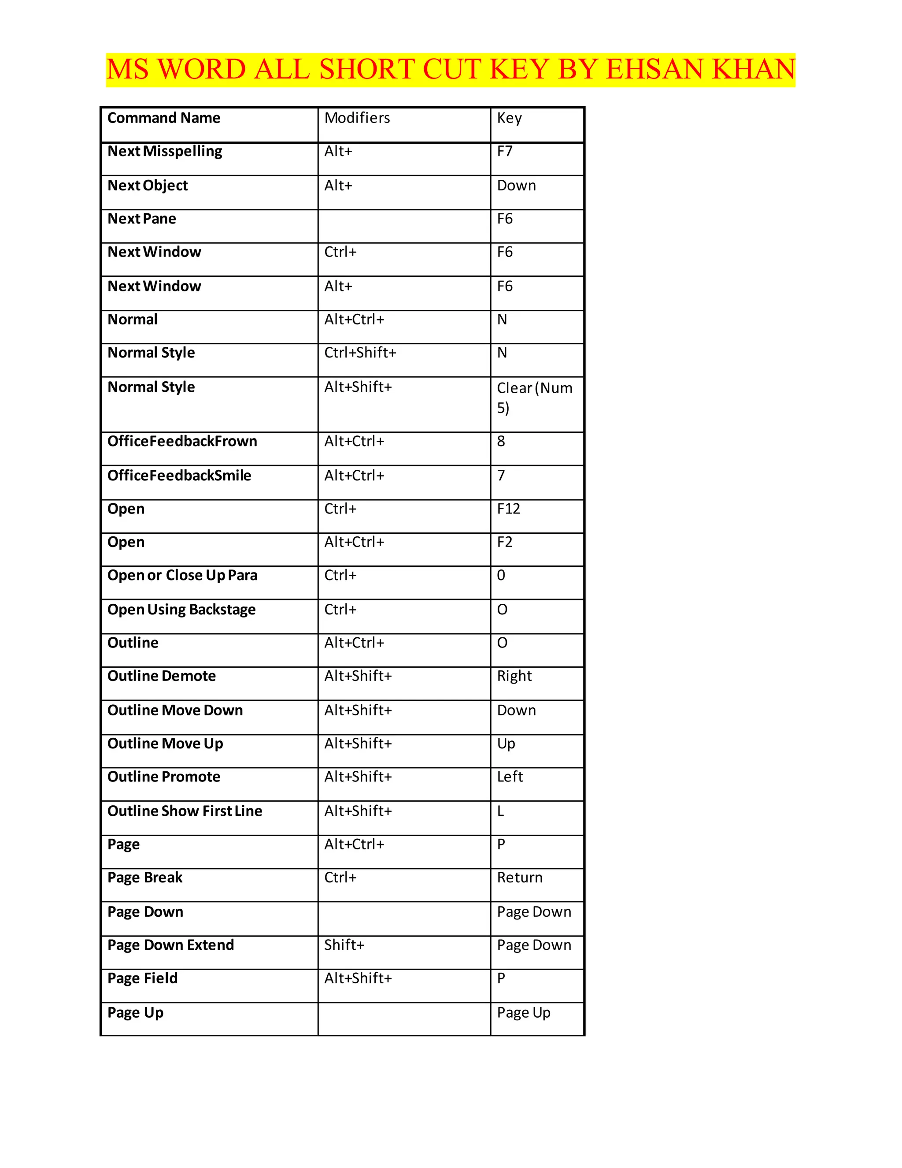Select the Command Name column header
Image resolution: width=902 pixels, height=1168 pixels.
pyautogui.click(x=163, y=118)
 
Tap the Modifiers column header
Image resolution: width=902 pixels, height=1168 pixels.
pyautogui.click(x=357, y=118)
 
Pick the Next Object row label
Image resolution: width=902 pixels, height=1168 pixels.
pyautogui.click(x=148, y=186)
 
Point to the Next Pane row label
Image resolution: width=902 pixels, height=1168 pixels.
pyautogui.click(x=142, y=219)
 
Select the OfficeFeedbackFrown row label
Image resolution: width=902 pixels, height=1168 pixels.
pyautogui.click(x=182, y=441)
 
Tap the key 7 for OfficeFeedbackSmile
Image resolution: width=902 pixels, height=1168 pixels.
pyautogui.click(x=501, y=476)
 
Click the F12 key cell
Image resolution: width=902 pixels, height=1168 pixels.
pyautogui.click(x=508, y=509)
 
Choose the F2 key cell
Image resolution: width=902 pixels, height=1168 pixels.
pyautogui.click(x=504, y=542)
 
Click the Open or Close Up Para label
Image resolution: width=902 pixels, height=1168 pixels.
pyautogui.click(x=182, y=576)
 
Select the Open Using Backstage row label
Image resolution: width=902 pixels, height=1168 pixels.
pyautogui.click(x=181, y=610)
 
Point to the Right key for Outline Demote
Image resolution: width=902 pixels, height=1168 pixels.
pyautogui.click(x=514, y=676)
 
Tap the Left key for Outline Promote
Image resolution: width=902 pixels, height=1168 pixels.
pyautogui.click(x=510, y=777)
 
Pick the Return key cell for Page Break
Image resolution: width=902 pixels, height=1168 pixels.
pyautogui.click(x=519, y=877)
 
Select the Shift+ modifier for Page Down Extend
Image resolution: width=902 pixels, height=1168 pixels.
pyautogui.click(x=344, y=945)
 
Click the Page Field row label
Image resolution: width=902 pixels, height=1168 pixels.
pyautogui.click(x=142, y=978)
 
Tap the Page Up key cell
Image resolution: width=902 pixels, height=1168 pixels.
pyautogui.click(x=523, y=1012)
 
